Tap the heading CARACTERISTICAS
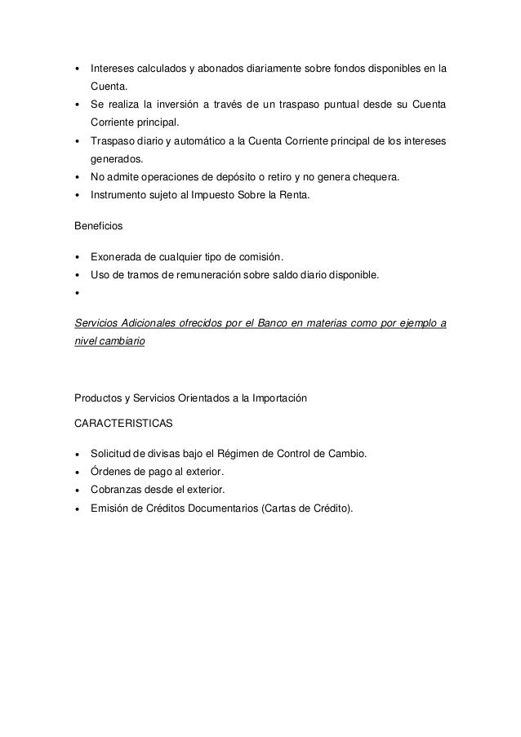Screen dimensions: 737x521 point(122,424)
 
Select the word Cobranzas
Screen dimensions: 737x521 point(119,490)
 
